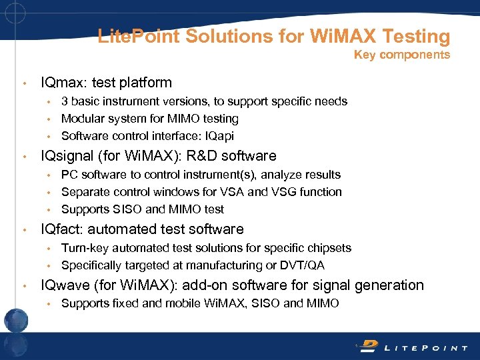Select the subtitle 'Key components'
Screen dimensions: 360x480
point(402,55)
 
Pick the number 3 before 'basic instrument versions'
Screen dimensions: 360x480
point(65,101)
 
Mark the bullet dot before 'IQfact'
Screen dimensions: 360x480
point(25,230)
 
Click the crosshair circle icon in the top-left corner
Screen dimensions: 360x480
point(14,13)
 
